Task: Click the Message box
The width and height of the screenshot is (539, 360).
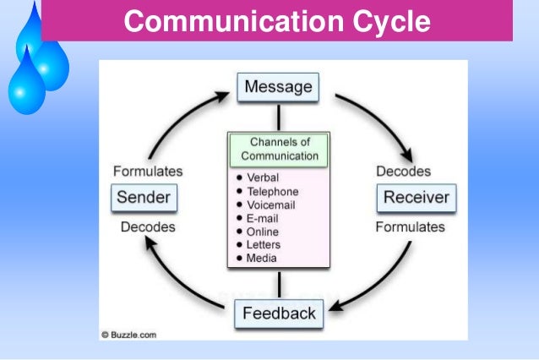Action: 278,87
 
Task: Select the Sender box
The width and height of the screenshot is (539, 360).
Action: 143,199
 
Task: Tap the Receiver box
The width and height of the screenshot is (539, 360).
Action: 416,199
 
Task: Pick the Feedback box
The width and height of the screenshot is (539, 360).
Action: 279,314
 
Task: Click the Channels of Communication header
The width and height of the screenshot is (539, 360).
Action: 279,149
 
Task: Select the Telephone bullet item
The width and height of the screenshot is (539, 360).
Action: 272,192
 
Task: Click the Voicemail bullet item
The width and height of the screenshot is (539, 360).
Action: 272,205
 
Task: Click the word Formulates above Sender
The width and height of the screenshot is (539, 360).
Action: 148,171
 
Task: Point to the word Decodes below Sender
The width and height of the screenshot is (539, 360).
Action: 148,226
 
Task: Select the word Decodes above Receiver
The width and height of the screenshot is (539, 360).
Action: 404,171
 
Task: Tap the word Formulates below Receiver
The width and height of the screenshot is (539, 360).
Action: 410,226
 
